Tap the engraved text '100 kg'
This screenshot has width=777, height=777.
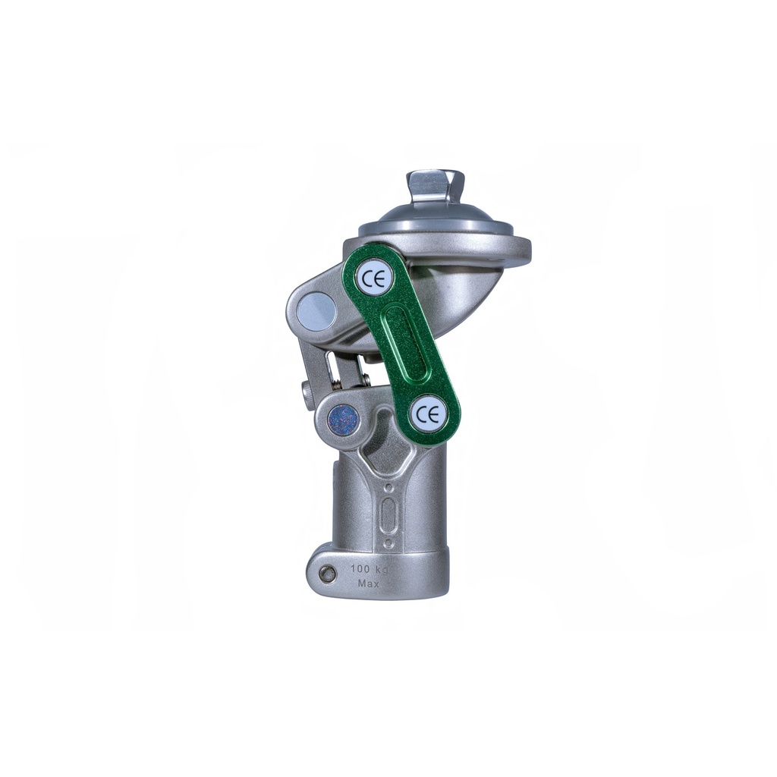click(x=370, y=569)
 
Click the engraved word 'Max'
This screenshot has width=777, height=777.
click(x=369, y=584)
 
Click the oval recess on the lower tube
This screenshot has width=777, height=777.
click(x=389, y=514)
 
